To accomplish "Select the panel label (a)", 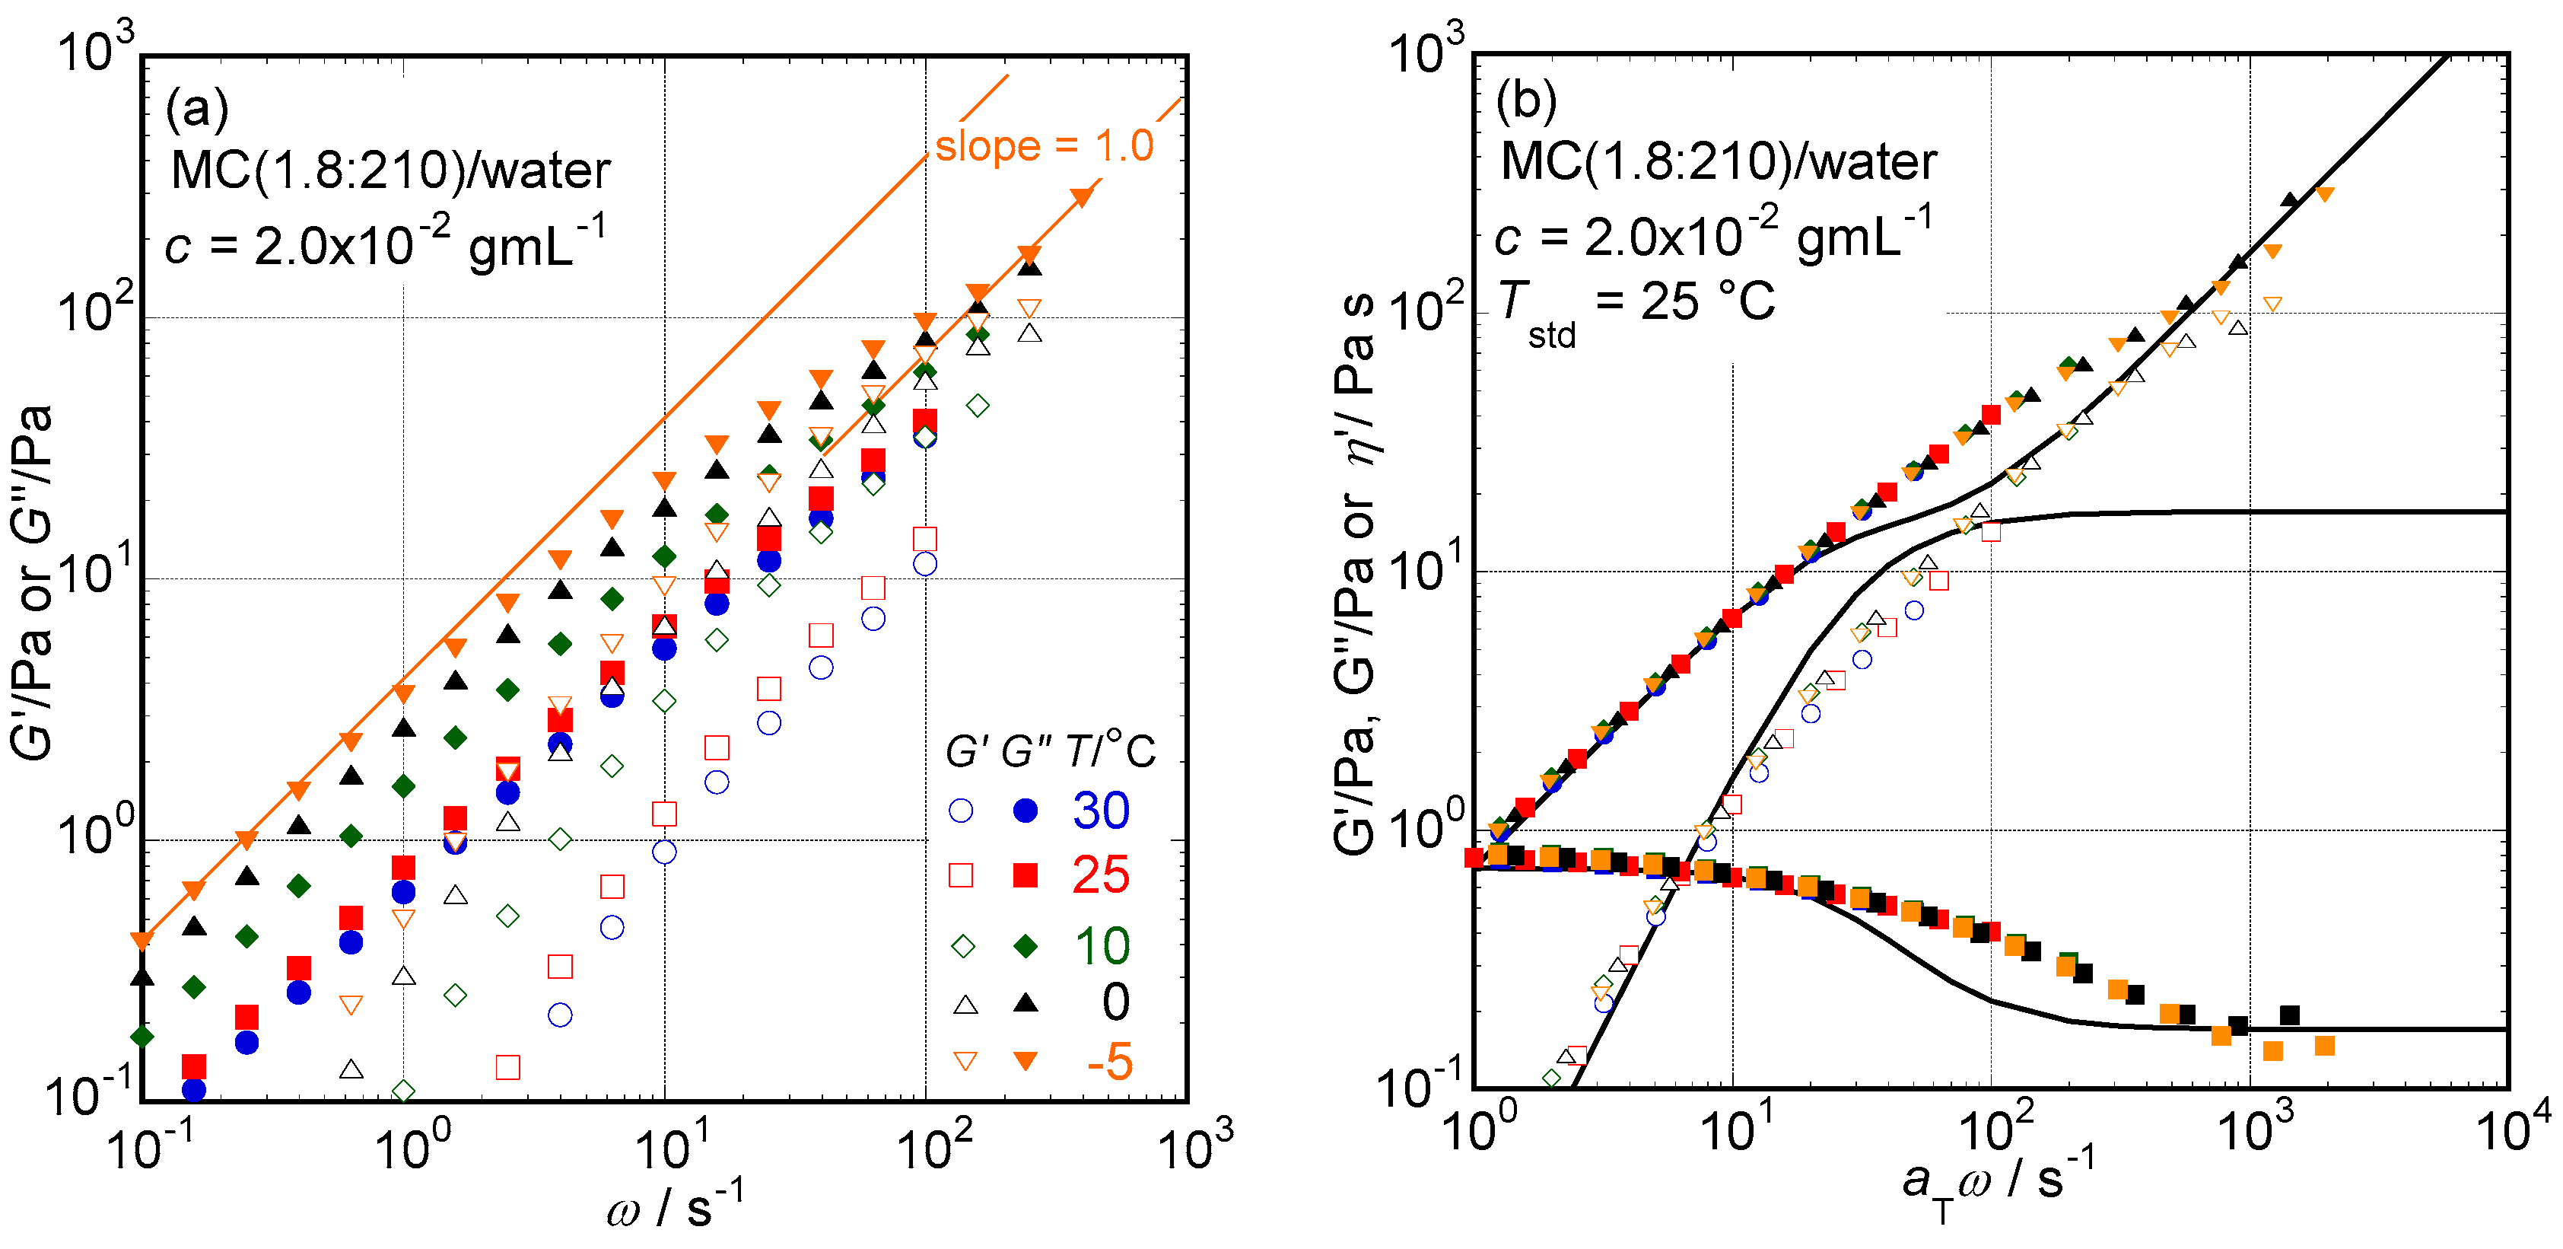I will click(196, 107).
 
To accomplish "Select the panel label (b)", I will click(1526, 100).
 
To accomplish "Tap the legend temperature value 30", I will click(1100, 811).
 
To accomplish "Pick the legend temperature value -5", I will click(1108, 1062).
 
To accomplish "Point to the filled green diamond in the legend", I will click(1026, 945).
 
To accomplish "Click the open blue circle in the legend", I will click(961, 811).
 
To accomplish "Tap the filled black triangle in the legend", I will click(1026, 1003).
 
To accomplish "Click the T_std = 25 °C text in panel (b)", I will click(1636, 304).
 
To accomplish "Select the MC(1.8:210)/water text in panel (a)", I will click(390, 171).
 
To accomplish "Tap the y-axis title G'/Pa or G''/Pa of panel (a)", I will click(32, 582).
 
